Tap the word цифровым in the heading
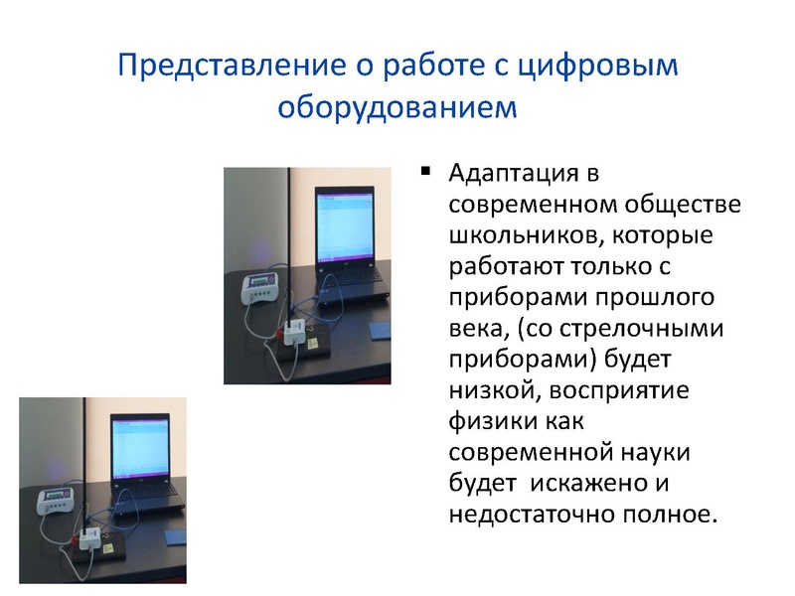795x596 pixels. [x=605, y=66]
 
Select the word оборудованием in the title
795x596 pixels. [x=397, y=104]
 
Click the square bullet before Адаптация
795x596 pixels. [x=425, y=171]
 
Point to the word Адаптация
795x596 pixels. [x=514, y=175]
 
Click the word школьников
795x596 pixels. [x=524, y=238]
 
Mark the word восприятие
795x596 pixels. [x=637, y=391]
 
